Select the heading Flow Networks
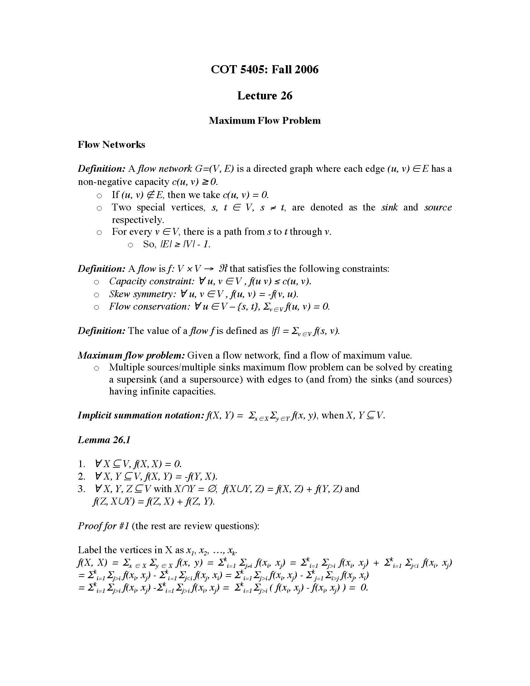[112, 144]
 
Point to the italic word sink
[389, 207]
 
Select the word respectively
[138, 220]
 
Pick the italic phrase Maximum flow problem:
[131, 355]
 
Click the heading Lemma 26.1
[104, 440]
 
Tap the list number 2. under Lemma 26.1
[82, 476]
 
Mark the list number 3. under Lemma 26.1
[82, 489]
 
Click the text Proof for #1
[103, 526]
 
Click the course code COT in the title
[224, 70]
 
